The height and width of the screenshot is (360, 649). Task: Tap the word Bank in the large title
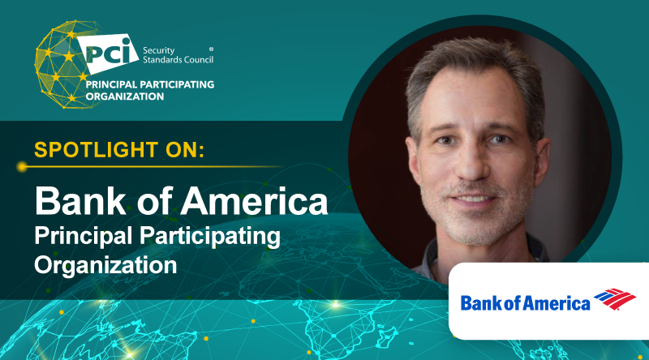pyautogui.click(x=76, y=200)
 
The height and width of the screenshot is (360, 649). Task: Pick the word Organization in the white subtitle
pyautogui.click(x=105, y=264)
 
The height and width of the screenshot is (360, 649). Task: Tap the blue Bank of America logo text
pyautogui.click(x=525, y=304)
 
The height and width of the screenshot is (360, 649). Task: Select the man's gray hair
pyautogui.click(x=471, y=65)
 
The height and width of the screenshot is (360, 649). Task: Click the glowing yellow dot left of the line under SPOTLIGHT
pyautogui.click(x=22, y=167)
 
